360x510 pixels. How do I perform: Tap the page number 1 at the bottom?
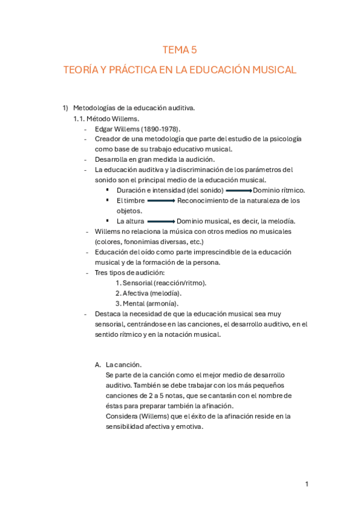[x=307, y=484]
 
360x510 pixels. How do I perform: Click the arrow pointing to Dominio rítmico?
[x=239, y=190]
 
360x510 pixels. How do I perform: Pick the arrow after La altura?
[x=160, y=221]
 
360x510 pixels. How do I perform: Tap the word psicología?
[x=282, y=139]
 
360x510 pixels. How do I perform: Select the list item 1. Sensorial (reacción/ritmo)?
[x=160, y=283]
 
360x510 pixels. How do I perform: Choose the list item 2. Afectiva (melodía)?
[x=150, y=293]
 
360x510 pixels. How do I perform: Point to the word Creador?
[x=109, y=139]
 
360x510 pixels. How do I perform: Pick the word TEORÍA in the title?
[x=81, y=70]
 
